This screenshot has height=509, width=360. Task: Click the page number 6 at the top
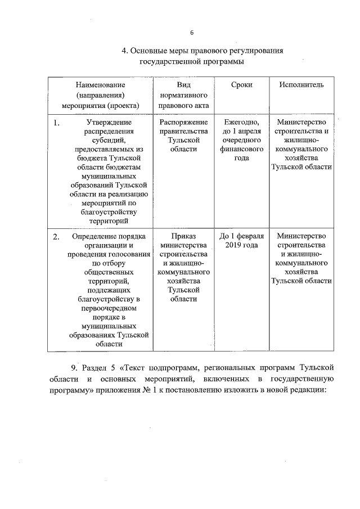point(191,32)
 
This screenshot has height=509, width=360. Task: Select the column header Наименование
point(100,84)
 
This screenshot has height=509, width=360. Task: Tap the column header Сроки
point(241,84)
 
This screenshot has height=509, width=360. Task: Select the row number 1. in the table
point(57,122)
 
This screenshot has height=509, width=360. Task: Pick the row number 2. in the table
point(57,236)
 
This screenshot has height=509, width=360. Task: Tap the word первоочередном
point(107,308)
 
